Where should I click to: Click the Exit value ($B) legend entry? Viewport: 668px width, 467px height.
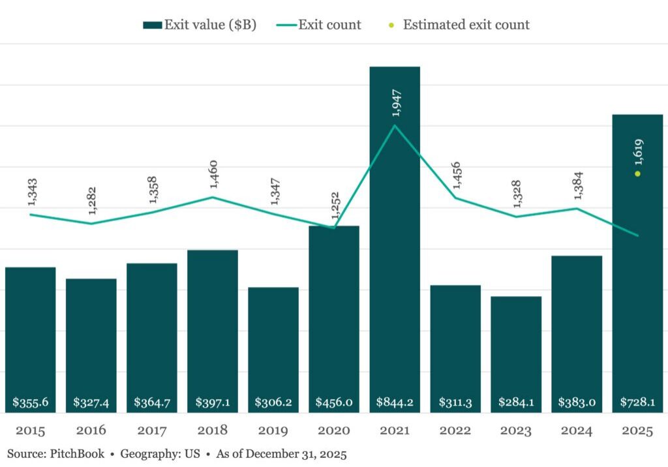click(200, 25)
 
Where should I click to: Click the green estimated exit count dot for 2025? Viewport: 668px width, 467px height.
click(638, 173)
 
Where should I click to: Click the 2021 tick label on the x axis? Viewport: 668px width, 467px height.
click(395, 431)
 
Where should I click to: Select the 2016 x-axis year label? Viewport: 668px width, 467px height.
click(91, 431)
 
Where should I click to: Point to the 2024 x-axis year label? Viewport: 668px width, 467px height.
click(577, 431)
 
